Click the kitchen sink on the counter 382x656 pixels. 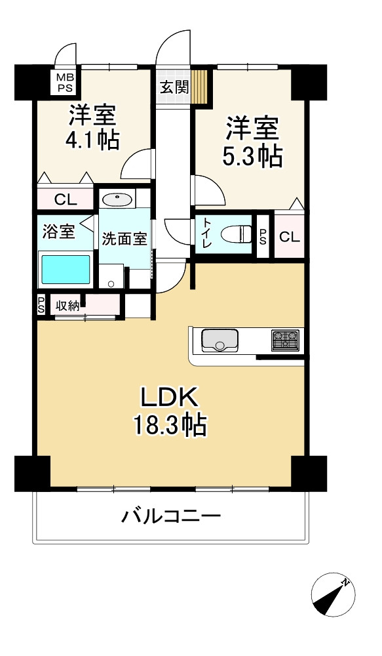220,340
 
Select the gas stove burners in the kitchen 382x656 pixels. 285,339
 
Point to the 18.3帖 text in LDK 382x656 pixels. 170,425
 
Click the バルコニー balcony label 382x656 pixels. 171,516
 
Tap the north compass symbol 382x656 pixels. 333,594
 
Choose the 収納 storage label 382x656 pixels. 67,306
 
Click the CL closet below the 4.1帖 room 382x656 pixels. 66,200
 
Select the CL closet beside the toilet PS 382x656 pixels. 289,237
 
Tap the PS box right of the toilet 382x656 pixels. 263,237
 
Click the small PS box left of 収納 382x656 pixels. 41,305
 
